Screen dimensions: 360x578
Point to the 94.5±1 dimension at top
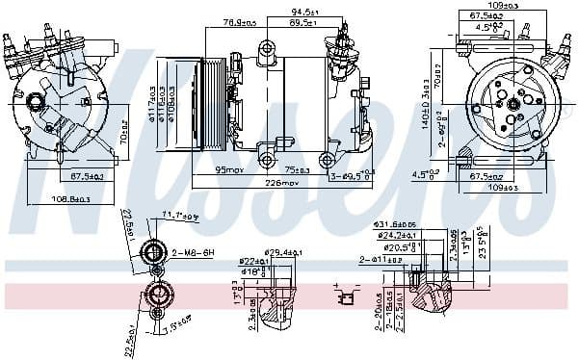(x=305, y=13)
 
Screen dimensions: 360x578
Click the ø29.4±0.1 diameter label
(x=285, y=251)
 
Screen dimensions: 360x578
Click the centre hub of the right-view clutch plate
(x=515, y=103)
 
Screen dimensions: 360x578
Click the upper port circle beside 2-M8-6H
(x=153, y=253)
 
